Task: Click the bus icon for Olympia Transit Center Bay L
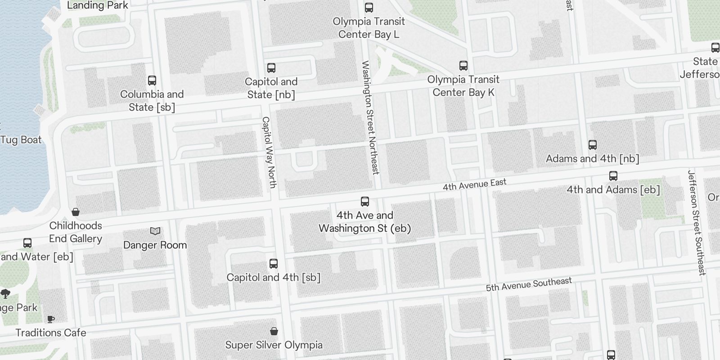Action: point(369,8)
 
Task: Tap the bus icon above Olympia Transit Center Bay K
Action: point(463,66)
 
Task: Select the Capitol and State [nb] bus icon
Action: point(271,68)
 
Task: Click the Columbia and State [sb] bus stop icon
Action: point(152,81)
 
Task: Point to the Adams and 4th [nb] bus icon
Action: point(593,145)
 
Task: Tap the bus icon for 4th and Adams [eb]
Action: point(613,176)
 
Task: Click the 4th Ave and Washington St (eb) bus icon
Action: point(365,202)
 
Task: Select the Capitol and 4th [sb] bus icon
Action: point(274,264)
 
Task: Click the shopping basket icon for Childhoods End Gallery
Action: point(76,212)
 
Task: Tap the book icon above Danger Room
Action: point(155,231)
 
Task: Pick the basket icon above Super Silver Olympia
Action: point(274,332)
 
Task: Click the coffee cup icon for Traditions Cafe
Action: point(51,319)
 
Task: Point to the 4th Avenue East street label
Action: point(474,184)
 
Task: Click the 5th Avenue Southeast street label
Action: point(529,284)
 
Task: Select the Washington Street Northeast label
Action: point(370,117)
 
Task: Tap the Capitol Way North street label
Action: point(269,152)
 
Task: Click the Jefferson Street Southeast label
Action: point(697,222)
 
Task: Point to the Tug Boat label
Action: point(21,139)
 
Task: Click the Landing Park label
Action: point(97,5)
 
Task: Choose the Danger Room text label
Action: point(155,245)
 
